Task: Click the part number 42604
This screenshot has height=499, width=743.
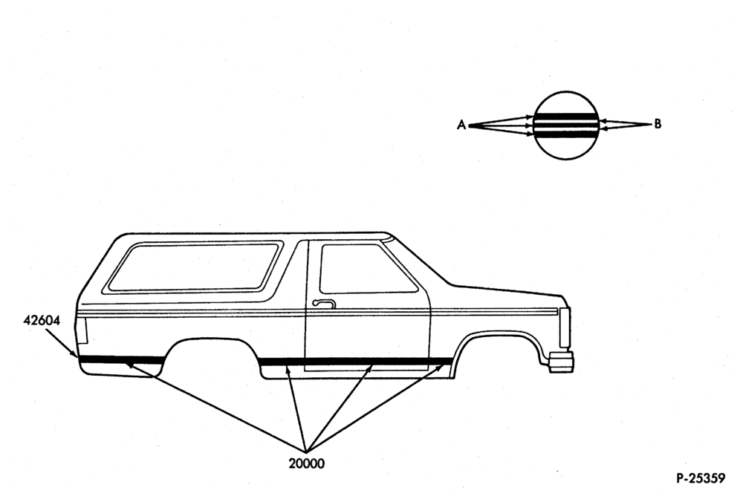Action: coord(42,321)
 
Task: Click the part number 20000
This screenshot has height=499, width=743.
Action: coord(307,463)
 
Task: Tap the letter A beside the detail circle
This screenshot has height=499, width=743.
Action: coord(461,125)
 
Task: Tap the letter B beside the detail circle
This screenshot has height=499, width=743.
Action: coord(658,124)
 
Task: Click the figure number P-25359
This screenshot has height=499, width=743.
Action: coord(701,478)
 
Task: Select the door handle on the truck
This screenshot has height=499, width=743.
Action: coord(324,304)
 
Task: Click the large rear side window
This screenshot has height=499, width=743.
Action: coord(194,267)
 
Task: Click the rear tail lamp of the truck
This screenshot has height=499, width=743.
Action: coord(82,330)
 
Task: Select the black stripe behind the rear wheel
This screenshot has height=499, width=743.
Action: coord(123,359)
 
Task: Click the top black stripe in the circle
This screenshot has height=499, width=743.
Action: coord(565,117)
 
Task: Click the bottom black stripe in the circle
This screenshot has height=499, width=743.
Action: coord(565,134)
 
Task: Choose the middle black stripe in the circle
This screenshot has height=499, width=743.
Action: coord(565,125)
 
